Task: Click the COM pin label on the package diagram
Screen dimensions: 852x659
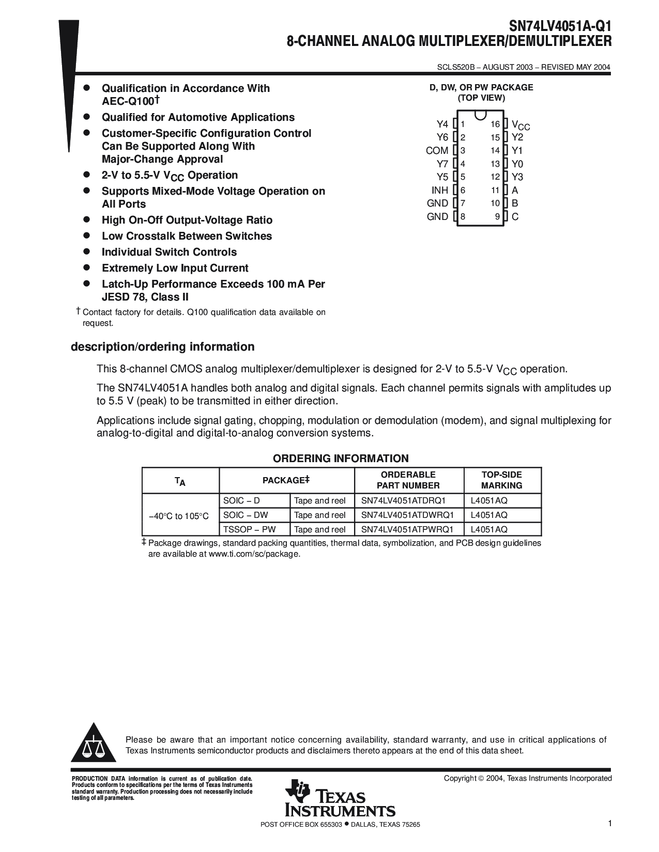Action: (437, 151)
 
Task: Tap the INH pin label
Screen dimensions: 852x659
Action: (439, 191)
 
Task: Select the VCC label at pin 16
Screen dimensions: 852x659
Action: (520, 125)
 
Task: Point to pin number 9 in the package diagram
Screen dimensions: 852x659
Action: (497, 217)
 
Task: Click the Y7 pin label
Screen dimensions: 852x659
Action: (442, 164)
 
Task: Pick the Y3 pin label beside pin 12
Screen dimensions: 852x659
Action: (517, 177)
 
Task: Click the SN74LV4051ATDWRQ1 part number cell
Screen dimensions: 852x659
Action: (407, 515)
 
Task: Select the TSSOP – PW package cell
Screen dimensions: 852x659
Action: (249, 529)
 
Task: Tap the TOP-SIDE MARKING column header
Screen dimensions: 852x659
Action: (501, 480)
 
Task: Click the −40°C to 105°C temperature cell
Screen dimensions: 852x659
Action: (179, 516)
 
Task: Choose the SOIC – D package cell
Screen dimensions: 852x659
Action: (241, 500)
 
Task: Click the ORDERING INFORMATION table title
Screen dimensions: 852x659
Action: (341, 459)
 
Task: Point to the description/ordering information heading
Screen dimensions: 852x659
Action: (162, 347)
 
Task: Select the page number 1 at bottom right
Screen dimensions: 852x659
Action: (609, 824)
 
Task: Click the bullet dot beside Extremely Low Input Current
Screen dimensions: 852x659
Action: (87, 267)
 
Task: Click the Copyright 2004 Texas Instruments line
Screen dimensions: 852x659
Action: (527, 778)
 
